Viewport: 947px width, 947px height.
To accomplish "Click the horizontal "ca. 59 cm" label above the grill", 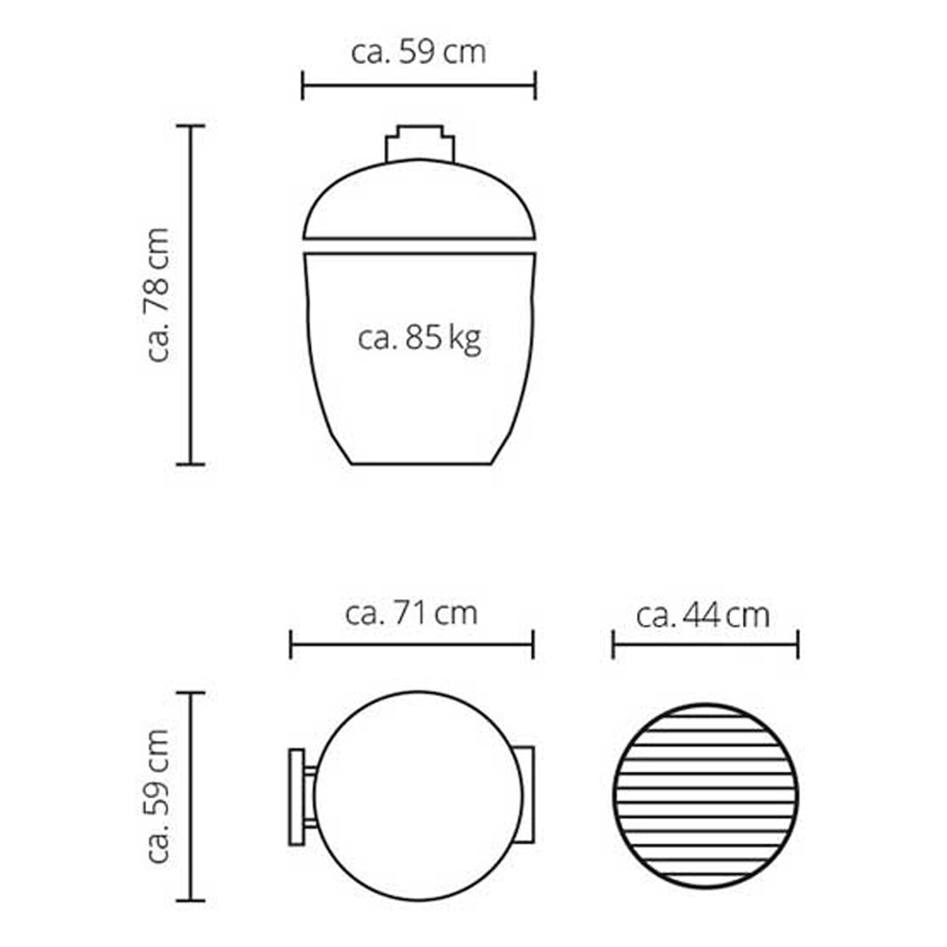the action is point(418,53).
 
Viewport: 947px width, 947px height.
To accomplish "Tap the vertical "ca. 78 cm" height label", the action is point(159,295).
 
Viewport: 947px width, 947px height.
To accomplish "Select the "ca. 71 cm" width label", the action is point(411,614).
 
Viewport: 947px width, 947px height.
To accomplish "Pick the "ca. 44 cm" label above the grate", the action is point(703,616).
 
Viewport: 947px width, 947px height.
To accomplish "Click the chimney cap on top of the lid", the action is point(420,143).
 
